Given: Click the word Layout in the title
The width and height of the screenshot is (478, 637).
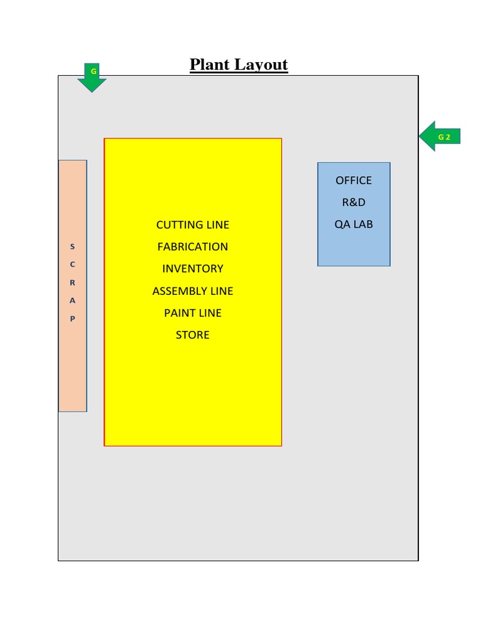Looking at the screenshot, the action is click(x=264, y=65).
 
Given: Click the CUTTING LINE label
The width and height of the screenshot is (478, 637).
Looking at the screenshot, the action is click(x=193, y=225).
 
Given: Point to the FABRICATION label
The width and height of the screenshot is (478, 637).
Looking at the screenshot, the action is click(x=193, y=246).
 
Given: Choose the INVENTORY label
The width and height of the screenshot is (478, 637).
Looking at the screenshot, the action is click(x=193, y=269).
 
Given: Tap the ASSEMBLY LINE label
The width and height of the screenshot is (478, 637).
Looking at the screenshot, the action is click(x=193, y=291).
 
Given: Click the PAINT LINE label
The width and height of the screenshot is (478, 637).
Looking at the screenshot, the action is click(x=193, y=313).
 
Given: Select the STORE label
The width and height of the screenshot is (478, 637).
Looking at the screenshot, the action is click(x=193, y=335).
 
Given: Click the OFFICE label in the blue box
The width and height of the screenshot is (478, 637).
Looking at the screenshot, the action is click(x=354, y=180).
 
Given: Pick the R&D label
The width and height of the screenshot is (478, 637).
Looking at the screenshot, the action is click(x=354, y=202).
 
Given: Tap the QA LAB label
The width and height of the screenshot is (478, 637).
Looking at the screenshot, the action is click(x=354, y=224).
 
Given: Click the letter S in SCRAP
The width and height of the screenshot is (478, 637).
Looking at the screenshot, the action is click(x=72, y=247).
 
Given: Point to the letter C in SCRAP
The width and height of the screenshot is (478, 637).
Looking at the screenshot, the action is click(x=72, y=264).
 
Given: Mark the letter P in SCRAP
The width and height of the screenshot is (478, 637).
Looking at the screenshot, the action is click(x=72, y=318).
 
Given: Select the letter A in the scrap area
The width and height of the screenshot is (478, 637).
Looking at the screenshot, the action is click(x=72, y=300).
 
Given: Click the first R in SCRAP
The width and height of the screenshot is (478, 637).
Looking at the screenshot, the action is click(x=72, y=282).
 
